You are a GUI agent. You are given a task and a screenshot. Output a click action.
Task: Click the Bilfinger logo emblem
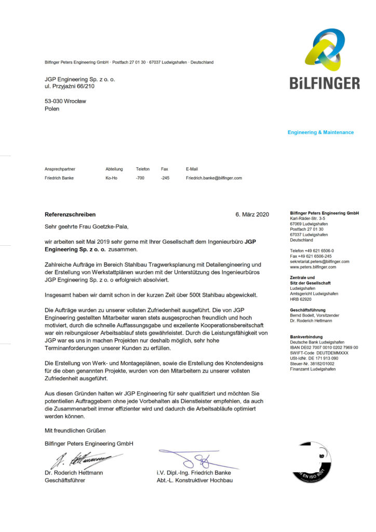coord(324,50)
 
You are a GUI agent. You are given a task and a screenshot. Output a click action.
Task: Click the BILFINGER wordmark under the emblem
coord(325,83)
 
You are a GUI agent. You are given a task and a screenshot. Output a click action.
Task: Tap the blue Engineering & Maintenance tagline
coord(320,132)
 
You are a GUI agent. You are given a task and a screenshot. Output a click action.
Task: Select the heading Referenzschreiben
coord(70,214)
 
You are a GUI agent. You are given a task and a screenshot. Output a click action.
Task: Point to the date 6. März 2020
coord(252,215)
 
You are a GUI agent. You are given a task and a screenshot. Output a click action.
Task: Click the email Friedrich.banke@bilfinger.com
coord(214,178)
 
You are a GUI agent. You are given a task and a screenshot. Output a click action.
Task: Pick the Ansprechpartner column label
coord(60,169)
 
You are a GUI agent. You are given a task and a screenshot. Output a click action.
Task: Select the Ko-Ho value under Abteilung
coord(111,178)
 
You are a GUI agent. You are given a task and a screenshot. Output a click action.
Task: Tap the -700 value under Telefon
coord(140,178)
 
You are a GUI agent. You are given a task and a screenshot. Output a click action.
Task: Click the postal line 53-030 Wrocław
coord(65,101)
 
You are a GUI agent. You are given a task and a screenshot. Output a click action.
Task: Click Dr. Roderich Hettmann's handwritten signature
coord(83,460)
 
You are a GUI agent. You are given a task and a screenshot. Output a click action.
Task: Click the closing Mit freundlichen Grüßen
coord(75,431)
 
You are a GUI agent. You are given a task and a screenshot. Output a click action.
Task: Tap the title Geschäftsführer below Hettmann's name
coord(65,481)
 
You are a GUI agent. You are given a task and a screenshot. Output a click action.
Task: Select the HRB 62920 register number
coord(301,299)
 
